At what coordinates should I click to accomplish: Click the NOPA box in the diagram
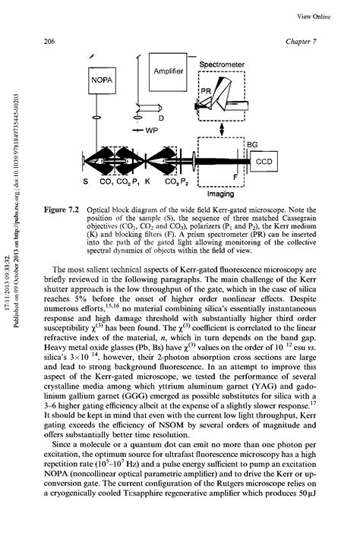pyautogui.click(x=103, y=79)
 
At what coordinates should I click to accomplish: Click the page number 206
pyautogui.click(x=54, y=40)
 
